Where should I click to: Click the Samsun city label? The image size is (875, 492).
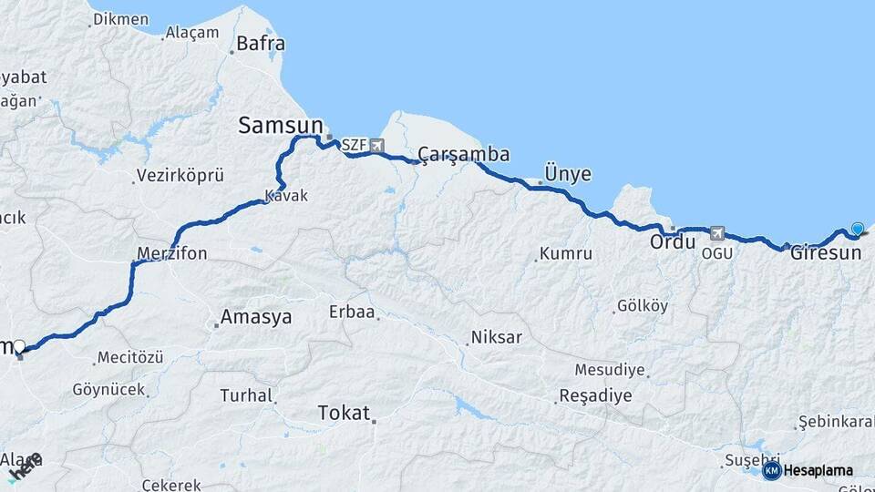click(281, 126)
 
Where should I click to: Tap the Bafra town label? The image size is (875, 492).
click(261, 43)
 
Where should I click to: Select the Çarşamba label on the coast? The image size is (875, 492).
click(464, 153)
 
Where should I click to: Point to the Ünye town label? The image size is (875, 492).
click(567, 173)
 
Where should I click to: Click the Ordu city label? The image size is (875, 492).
click(673, 243)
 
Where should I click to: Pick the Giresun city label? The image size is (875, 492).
click(826, 252)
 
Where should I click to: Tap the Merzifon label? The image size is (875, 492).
click(172, 252)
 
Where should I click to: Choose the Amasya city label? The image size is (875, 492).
click(255, 317)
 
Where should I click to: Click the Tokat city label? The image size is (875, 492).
click(344, 413)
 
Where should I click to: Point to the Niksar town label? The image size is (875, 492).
click(496, 338)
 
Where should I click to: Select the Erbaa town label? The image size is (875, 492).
click(352, 312)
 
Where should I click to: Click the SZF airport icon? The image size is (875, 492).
click(376, 145)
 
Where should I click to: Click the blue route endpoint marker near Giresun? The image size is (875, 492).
click(857, 229)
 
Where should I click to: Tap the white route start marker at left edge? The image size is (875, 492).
click(19, 346)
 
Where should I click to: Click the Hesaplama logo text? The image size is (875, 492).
click(818, 470)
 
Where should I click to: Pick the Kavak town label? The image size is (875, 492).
click(286, 196)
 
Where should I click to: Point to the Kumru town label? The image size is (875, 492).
click(565, 254)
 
